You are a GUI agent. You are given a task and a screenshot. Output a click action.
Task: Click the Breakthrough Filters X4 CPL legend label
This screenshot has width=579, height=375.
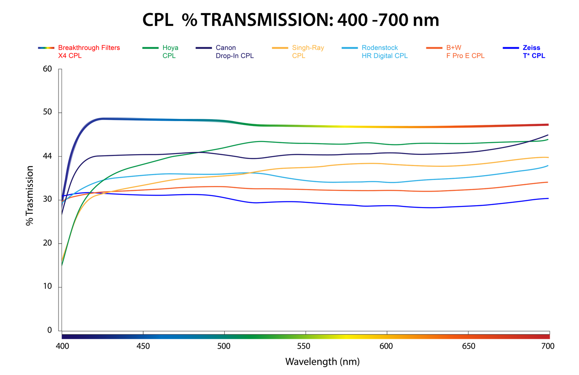click(89, 52)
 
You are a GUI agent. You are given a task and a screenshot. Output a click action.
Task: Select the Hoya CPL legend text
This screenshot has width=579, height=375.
click(170, 52)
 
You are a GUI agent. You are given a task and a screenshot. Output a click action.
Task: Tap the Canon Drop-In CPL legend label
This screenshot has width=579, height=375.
click(234, 52)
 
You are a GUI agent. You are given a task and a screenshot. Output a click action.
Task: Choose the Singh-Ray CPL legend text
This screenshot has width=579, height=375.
click(308, 52)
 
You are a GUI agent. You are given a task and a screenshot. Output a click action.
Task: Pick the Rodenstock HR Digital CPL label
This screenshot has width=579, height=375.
click(384, 52)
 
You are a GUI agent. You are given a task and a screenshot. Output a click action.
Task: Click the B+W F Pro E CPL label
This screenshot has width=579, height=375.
click(465, 52)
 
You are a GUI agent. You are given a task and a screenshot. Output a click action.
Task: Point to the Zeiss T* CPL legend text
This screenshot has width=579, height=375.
click(534, 52)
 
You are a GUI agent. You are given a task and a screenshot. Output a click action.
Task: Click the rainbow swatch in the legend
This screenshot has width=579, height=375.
click(46, 48)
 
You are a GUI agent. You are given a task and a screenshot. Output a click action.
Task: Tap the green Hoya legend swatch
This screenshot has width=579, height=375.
click(150, 48)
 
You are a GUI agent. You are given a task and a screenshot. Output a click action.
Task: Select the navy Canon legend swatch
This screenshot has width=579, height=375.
click(204, 48)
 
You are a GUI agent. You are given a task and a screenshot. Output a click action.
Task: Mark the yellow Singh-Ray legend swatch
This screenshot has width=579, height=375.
click(280, 48)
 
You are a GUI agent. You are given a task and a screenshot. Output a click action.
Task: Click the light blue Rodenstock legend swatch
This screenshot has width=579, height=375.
click(350, 48)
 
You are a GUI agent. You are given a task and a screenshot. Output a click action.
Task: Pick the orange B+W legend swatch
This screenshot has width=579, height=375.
click(434, 48)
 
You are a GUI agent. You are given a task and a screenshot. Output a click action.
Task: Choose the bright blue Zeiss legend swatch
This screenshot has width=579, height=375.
click(511, 48)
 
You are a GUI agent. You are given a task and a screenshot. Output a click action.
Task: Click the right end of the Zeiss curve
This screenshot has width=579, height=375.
click(548, 198)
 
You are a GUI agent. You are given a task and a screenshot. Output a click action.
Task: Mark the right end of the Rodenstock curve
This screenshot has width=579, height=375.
click(548, 165)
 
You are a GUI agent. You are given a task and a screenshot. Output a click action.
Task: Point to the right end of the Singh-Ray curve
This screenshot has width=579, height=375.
click(548, 157)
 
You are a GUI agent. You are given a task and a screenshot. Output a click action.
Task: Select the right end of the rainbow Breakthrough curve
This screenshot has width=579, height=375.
click(548, 124)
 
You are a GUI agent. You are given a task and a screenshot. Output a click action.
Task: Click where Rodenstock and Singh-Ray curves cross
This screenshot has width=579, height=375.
click(250, 172)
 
